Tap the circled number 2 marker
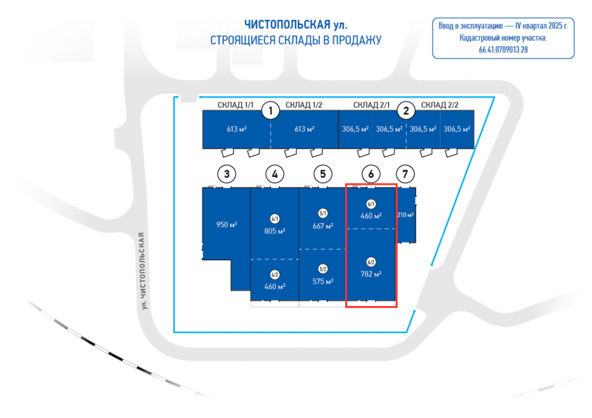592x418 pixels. click(406, 110)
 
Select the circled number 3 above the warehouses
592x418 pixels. click(227, 173)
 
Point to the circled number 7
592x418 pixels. click(405, 173)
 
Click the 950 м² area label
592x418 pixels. click(227, 225)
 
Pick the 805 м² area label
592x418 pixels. click(275, 230)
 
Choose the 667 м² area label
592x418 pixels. click(323, 226)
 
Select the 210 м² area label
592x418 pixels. click(405, 215)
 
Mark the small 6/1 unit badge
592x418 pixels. click(371, 204)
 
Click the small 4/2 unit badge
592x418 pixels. click(275, 275)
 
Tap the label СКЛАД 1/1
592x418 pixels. click(236, 104)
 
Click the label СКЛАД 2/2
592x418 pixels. click(439, 104)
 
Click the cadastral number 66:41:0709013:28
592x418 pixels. click(503, 50)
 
